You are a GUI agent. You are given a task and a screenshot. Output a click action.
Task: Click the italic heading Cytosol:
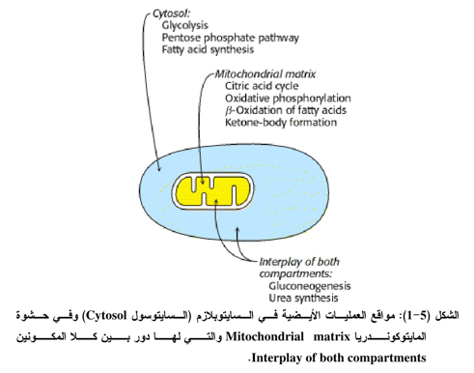click(x=171, y=14)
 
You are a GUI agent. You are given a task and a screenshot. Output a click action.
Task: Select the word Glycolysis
click(x=185, y=25)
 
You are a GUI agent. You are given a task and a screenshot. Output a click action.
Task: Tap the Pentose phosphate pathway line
click(x=231, y=38)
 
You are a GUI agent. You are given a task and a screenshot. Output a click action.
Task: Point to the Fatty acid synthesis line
click(x=208, y=49)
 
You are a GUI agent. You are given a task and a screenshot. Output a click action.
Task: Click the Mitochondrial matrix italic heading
click(x=265, y=74)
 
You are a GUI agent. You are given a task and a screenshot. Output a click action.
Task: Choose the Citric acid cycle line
click(x=262, y=86)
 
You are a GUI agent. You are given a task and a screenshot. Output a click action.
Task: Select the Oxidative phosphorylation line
click(x=288, y=99)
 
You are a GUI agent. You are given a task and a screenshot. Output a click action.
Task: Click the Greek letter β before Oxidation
click(x=229, y=110)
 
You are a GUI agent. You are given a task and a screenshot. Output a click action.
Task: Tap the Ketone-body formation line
click(x=281, y=123)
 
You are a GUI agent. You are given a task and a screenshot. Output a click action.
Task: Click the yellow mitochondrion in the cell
click(x=213, y=191)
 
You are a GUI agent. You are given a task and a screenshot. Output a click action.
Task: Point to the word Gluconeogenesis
click(x=310, y=286)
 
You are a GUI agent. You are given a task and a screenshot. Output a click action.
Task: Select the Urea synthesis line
click(x=303, y=298)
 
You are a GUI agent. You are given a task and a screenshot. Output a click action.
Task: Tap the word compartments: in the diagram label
click(x=295, y=273)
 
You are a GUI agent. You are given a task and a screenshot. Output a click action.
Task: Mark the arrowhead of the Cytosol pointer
click(x=158, y=167)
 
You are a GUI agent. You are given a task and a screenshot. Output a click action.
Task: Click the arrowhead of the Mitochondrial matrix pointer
click(x=202, y=181)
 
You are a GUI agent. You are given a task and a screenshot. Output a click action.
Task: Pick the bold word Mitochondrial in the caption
click(x=265, y=336)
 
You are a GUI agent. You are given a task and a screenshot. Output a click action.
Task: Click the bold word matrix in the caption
click(x=331, y=336)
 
